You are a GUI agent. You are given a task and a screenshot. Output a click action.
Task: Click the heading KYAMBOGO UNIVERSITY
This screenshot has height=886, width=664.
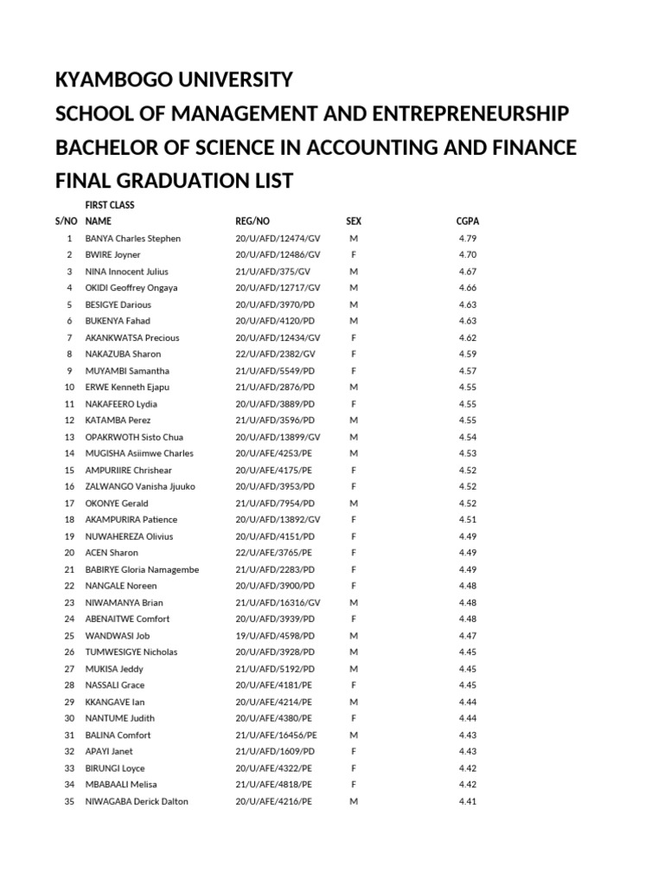[x=174, y=80]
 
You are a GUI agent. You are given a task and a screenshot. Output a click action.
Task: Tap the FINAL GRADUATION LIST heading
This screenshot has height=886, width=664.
[x=174, y=182]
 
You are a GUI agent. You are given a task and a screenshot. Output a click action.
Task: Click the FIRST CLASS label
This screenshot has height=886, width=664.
[x=110, y=205]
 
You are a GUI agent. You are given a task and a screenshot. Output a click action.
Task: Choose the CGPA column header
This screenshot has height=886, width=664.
[x=468, y=221]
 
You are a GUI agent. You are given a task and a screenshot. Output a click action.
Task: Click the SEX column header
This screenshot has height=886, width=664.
[x=354, y=221]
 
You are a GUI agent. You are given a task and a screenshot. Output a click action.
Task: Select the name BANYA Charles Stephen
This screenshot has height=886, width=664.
[x=132, y=238]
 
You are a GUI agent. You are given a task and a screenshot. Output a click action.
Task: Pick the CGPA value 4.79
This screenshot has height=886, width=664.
[x=468, y=238]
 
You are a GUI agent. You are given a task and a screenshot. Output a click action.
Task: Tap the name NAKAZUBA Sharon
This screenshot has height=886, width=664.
[x=123, y=354]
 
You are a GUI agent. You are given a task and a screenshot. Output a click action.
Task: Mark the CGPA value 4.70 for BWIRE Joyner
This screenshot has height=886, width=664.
[x=468, y=254]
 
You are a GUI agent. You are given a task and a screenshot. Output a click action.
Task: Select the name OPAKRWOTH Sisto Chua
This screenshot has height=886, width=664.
[x=134, y=437]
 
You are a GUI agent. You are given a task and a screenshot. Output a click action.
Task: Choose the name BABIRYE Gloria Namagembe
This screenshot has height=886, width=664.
[x=142, y=569]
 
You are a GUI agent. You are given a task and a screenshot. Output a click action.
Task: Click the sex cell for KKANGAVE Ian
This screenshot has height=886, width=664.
[x=354, y=702]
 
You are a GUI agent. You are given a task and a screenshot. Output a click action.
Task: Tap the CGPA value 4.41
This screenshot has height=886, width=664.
[x=468, y=801]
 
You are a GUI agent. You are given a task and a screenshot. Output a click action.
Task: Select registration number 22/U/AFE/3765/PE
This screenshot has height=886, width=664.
[x=273, y=553]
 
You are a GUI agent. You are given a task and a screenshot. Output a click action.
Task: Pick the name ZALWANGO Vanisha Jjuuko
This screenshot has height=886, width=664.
[x=141, y=486]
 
